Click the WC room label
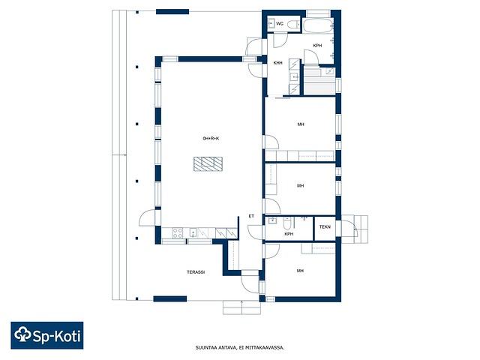coord(280,23)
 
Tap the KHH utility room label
coord(278,63)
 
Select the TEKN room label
coord(325,226)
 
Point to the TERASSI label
coord(196,271)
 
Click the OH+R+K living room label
coord(211,138)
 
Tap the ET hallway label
coord(251,216)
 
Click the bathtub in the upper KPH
coord(318,25)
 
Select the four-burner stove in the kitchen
coord(178,233)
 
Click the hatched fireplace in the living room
coord(208,163)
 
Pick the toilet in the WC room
coord(293,24)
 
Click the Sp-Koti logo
coord(47,335)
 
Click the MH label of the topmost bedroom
coord(301,124)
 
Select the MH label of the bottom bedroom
coord(300,271)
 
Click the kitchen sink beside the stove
coord(193,233)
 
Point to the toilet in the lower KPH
coord(286,223)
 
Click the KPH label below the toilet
coord(289,234)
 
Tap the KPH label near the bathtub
coord(317,46)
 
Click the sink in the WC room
coord(271,23)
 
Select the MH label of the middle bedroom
coord(300,185)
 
